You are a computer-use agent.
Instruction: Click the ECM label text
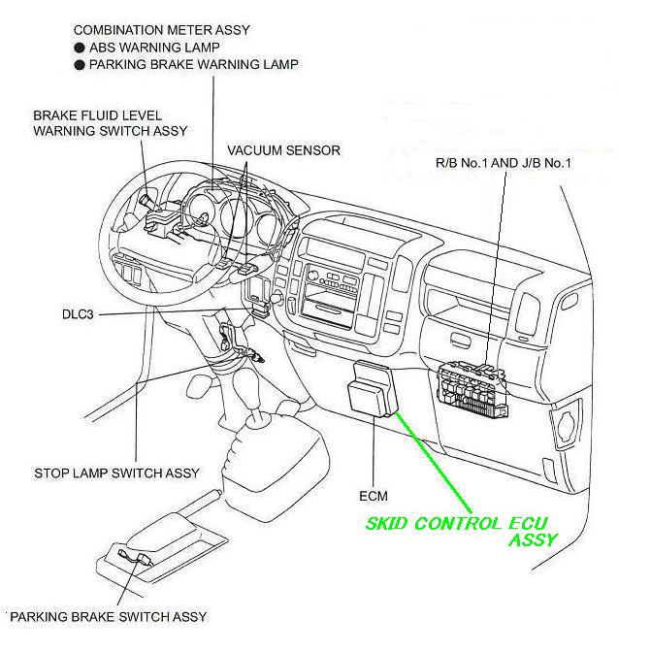[x=374, y=496]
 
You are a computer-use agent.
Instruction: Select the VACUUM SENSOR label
[x=283, y=151]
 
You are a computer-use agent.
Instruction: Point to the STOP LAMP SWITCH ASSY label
[x=116, y=473]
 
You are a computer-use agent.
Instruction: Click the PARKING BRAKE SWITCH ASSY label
[x=109, y=617]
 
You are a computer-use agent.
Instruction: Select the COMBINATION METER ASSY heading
[x=161, y=30]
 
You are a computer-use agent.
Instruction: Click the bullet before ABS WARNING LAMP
[x=78, y=48]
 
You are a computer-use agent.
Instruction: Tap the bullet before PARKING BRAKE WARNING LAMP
[x=78, y=65]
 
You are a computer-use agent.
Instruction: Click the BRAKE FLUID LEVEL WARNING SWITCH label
[x=110, y=122]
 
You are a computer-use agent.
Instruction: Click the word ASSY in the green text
[x=532, y=541]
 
